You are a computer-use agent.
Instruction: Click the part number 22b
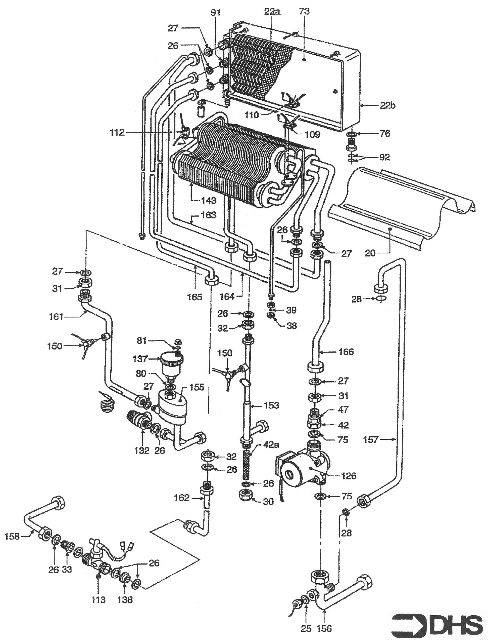coord(387,106)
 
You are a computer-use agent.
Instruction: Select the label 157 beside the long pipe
coord(371,440)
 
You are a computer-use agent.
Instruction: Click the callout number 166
coord(346,352)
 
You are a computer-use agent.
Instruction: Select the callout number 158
coord(12,536)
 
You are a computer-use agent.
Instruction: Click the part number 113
coord(99,599)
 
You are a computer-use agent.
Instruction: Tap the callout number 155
coord(197,388)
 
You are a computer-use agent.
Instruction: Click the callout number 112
coord(117,133)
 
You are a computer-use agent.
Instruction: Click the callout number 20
coord(370,253)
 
